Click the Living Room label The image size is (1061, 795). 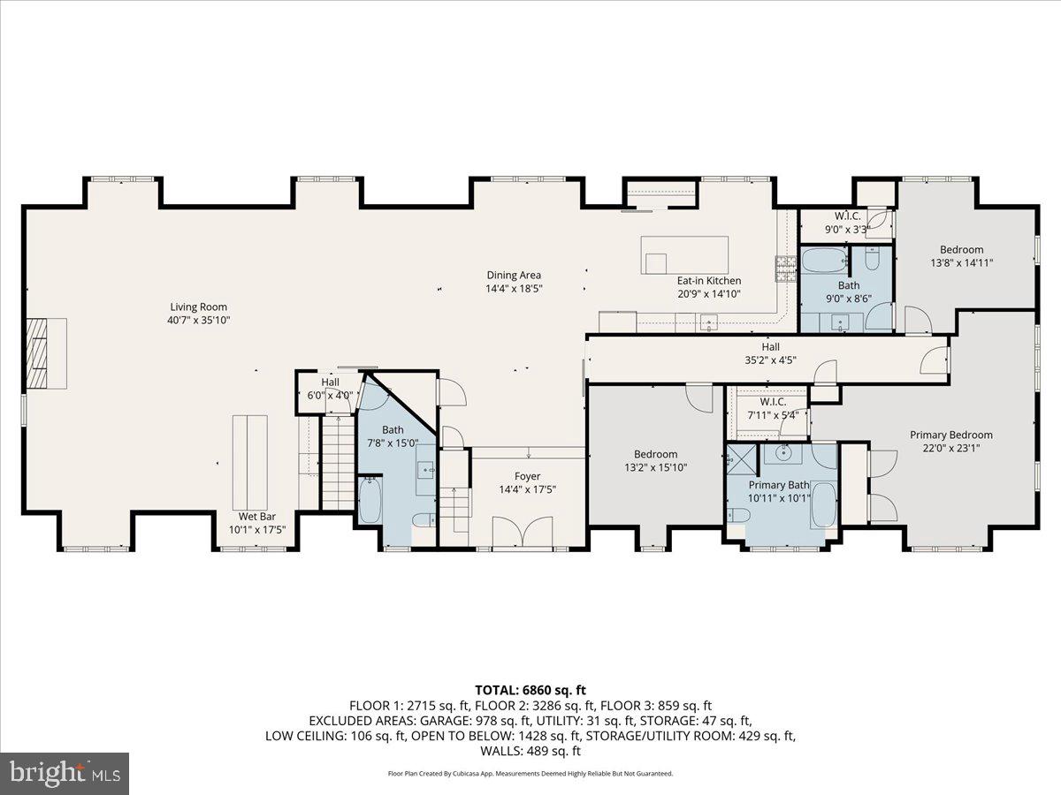(x=193, y=307)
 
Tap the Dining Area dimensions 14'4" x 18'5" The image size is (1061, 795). (x=513, y=288)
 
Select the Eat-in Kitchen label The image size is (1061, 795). (x=708, y=281)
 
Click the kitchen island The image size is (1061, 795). (x=685, y=255)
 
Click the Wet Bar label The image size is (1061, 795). (x=257, y=517)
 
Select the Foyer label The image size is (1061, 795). (x=528, y=476)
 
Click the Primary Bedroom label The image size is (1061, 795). (x=951, y=435)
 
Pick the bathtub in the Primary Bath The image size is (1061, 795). (x=822, y=505)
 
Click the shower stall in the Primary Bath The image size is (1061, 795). (x=737, y=458)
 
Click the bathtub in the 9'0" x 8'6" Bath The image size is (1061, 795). (x=822, y=261)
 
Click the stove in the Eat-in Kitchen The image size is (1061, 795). (x=784, y=268)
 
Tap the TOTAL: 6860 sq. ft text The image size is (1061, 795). (x=530, y=690)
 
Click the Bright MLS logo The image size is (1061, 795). (x=65, y=773)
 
